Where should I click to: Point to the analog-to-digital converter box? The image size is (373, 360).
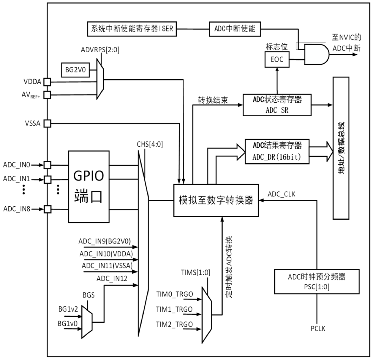[x=216, y=200]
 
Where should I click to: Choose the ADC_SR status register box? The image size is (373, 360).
[x=277, y=104]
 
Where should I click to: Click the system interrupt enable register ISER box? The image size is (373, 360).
[x=132, y=29]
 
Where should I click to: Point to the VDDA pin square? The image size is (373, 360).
[x=47, y=82]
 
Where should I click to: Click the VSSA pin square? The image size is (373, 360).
[x=47, y=123]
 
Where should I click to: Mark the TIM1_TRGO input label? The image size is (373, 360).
[x=174, y=309]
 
